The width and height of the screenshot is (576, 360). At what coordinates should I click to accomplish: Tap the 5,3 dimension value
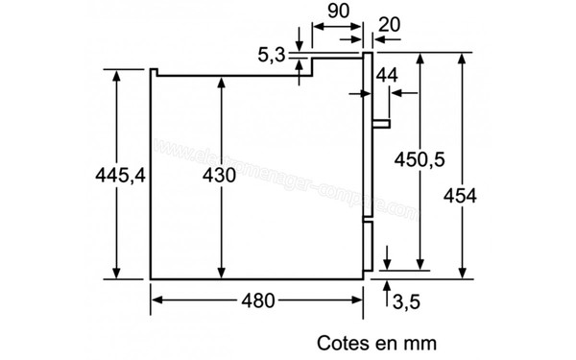(x=272, y=56)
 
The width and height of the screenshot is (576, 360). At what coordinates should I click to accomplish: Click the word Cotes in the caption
(x=342, y=341)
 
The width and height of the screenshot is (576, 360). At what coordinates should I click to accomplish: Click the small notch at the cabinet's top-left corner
(x=155, y=70)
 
